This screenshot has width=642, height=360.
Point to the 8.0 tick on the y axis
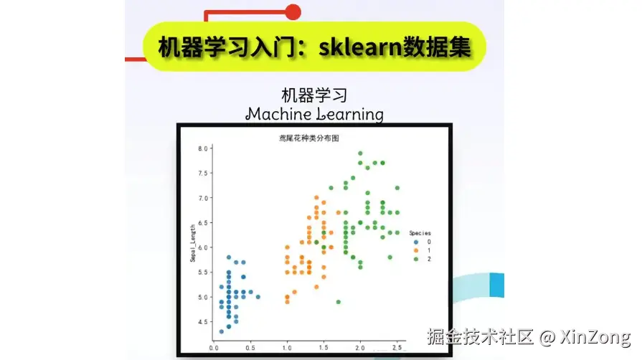coord(203,148)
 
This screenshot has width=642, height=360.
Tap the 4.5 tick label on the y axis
coord(203,322)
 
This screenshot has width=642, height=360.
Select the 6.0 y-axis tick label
coord(203,247)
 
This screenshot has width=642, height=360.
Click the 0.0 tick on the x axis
coord(213,348)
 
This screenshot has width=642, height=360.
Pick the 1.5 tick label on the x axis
coord(324,348)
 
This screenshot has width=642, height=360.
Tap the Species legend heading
coord(420,233)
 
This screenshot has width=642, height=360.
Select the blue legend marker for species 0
coord(416,242)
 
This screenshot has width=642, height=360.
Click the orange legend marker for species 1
coord(416,250)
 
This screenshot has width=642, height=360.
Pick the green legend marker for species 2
coord(416,258)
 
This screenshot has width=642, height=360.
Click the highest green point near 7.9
coord(360,153)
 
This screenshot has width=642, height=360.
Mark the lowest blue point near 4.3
coord(222,331)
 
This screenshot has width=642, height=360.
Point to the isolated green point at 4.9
coord(338,302)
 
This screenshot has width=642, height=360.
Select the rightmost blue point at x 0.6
coord(258,297)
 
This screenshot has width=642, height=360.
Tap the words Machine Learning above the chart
coord(314,113)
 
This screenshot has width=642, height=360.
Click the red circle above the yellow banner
coord(293,11)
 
